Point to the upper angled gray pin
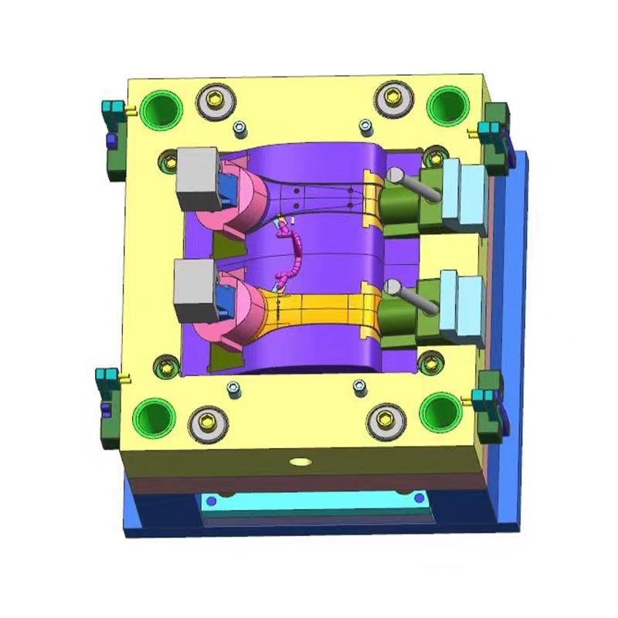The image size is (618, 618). [413, 185]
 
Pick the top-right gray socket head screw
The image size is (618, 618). [392, 98]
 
